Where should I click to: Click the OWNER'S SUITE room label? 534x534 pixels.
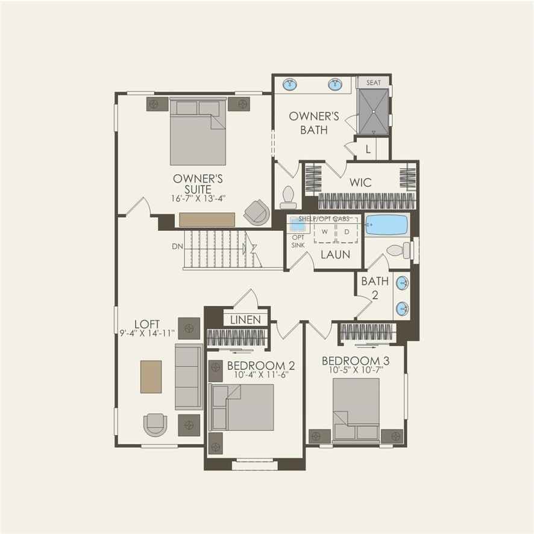coord(198,184)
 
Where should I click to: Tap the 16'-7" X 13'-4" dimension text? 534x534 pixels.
coord(198,197)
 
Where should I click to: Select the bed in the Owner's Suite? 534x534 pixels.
coord(198,133)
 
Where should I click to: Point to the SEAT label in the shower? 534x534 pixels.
coord(374,83)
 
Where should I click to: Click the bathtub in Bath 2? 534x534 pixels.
coord(387,225)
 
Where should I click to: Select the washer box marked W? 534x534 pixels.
coord(324,231)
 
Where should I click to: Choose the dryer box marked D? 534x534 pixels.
coord(347,231)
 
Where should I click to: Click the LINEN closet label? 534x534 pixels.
coord(245,319)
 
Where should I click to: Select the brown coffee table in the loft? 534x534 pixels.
coord(151,377)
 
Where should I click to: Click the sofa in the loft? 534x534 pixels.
coord(189,377)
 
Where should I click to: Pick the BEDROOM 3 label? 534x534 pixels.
coord(355,361)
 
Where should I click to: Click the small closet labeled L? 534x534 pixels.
coord(368,149)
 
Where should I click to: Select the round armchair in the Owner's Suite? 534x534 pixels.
coord(257,212)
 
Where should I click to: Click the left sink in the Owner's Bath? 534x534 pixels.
coord(291,84)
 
